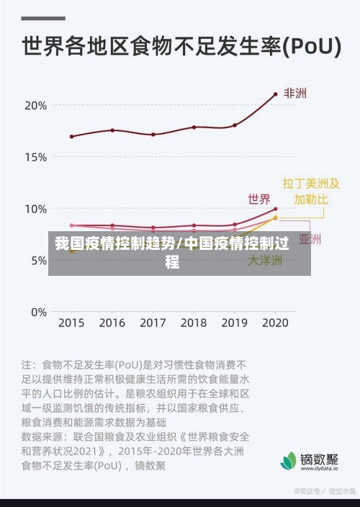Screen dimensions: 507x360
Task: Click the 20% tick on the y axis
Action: pos(36,105)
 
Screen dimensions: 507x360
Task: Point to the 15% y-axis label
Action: pos(36,157)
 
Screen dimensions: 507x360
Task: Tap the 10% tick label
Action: pos(36,209)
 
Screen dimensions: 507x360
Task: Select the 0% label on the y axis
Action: pos(38,313)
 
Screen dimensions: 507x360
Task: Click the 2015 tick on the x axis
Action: pos(71,323)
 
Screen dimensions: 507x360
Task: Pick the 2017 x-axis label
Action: pos(153,323)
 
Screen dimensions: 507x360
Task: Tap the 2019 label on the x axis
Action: pos(234,323)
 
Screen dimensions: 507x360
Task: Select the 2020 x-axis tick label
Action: pos(274,323)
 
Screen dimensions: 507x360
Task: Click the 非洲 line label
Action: pos(295,94)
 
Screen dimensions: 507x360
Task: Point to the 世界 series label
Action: pos(259,199)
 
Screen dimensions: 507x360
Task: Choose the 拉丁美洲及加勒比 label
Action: pos(310,191)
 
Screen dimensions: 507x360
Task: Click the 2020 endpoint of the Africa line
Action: pos(275,94)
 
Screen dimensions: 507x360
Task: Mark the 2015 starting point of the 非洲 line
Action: pos(71,136)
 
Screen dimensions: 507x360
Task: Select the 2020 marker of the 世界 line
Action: pos(275,209)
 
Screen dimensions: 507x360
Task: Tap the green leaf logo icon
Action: pos(289,460)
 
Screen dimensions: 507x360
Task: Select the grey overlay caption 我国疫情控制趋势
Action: pos(115,243)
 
